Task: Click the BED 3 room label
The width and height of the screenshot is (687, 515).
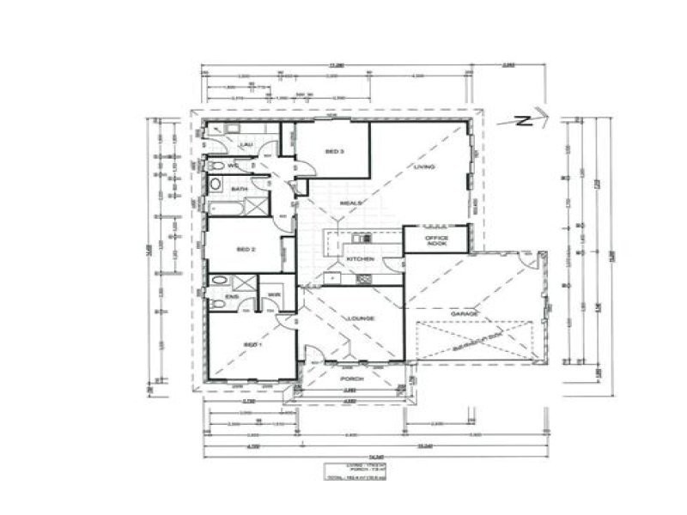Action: click(x=335, y=152)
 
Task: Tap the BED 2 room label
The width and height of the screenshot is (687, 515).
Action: click(x=246, y=250)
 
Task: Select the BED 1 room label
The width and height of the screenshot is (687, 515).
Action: click(x=251, y=343)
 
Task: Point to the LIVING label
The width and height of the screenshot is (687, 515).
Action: click(x=423, y=167)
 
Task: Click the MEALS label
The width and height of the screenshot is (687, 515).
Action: click(x=350, y=203)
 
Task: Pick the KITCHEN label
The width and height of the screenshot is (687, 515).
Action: click(x=358, y=258)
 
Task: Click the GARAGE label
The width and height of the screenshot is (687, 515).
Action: click(x=464, y=314)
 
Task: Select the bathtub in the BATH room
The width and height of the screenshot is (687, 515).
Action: click(x=222, y=207)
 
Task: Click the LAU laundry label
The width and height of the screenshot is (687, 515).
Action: click(x=245, y=145)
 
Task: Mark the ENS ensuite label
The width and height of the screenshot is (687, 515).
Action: click(x=230, y=297)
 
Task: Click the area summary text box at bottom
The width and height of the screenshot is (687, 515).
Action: click(x=350, y=471)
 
